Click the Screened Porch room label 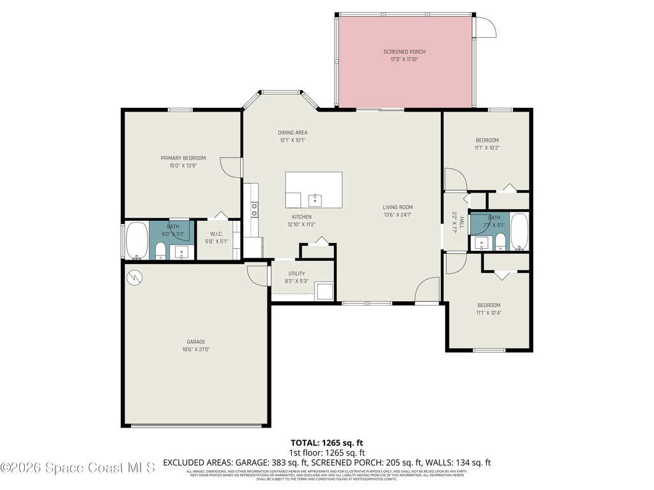[404, 52]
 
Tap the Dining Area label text [292, 133]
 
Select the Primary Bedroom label [183, 158]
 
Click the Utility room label [296, 274]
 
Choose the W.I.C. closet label [216, 233]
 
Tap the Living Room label [397, 207]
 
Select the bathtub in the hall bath [519, 232]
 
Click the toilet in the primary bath [161, 251]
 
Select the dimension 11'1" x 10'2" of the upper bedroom [487, 148]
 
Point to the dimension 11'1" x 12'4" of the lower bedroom [488, 313]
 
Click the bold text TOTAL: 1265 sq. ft [327, 443]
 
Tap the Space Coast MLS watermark [78, 468]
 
